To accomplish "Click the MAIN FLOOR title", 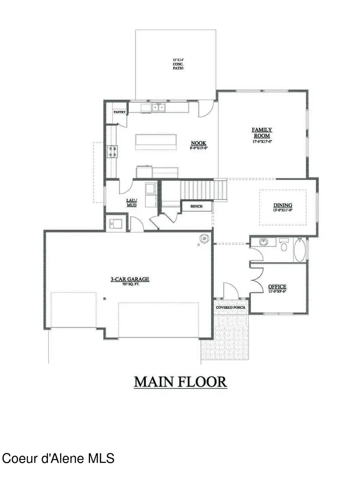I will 180,382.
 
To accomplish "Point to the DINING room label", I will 283,207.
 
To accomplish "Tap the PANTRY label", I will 120,112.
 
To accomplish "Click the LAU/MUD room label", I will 132,202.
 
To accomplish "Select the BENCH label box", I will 197,206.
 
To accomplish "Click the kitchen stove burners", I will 112,151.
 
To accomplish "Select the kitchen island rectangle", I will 156,142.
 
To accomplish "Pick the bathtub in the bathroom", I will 300,250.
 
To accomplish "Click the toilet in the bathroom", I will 284,245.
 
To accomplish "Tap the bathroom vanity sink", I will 264,242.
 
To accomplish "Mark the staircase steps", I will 204,189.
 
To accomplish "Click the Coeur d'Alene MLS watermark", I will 58,458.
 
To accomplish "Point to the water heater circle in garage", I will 204,239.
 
